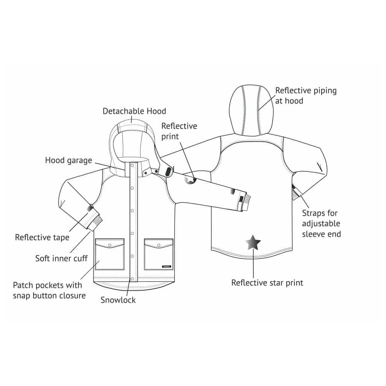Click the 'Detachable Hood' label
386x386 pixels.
point(134,111)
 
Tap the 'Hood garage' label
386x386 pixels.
point(69,160)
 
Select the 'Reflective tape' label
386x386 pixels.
point(42,237)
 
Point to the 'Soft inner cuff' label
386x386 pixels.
point(61,258)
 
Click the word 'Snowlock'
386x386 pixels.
point(118,300)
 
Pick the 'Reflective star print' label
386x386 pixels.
point(267,282)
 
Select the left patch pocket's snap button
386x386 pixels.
point(110,245)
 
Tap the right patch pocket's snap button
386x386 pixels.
point(158,245)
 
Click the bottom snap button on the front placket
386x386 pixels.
point(132,279)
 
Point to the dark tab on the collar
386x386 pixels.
point(166,172)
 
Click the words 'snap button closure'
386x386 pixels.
point(49,295)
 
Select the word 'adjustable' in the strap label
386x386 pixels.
point(321,224)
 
